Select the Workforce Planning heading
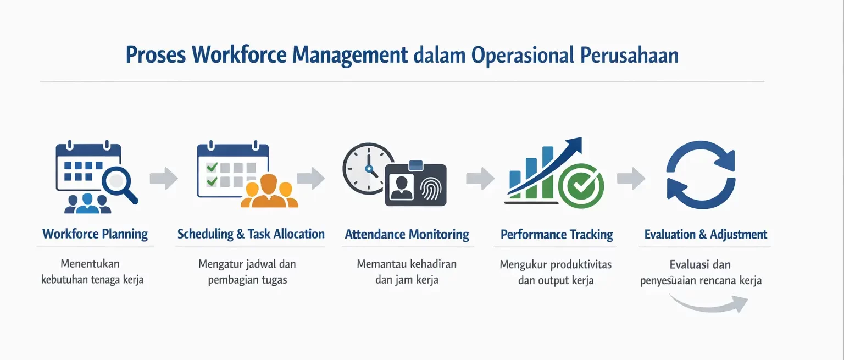tap(95, 234)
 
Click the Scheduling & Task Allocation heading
tap(251, 234)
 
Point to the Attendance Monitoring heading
tap(407, 235)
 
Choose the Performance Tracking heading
tap(557, 235)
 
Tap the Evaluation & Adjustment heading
tap(706, 235)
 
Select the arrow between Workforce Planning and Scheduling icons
tap(164, 179)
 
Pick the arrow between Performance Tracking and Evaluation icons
tap(631, 179)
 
